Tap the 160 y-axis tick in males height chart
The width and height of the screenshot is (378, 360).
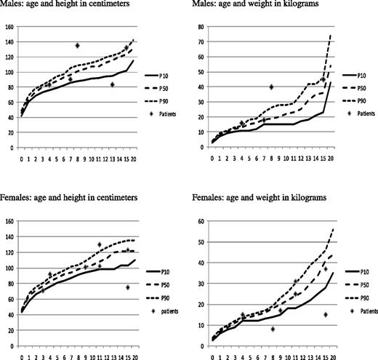point(9,28)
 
